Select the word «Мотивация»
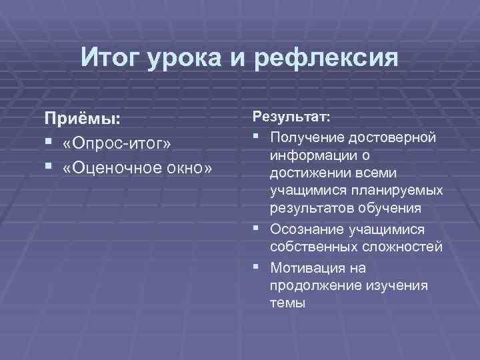[x=307, y=267]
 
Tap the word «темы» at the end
[x=287, y=303]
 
